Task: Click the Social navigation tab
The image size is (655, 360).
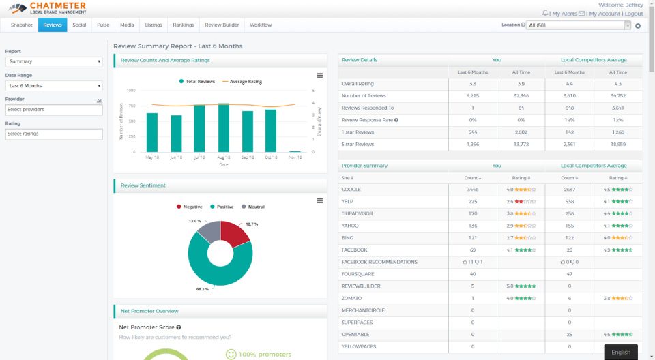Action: coord(79,25)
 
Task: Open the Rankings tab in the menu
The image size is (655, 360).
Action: coord(184,25)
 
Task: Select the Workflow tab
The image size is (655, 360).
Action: coord(261,25)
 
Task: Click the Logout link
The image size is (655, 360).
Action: coord(633,14)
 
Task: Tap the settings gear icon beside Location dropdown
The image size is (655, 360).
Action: coord(638,26)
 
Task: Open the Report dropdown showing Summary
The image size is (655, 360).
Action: coord(54,61)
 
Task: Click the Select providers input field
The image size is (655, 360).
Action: coord(54,110)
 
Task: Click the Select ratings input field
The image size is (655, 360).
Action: coord(54,134)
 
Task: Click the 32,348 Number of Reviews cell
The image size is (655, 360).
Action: coord(521,96)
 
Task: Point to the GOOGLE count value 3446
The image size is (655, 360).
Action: coord(472,190)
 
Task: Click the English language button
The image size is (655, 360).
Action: coord(621,352)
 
